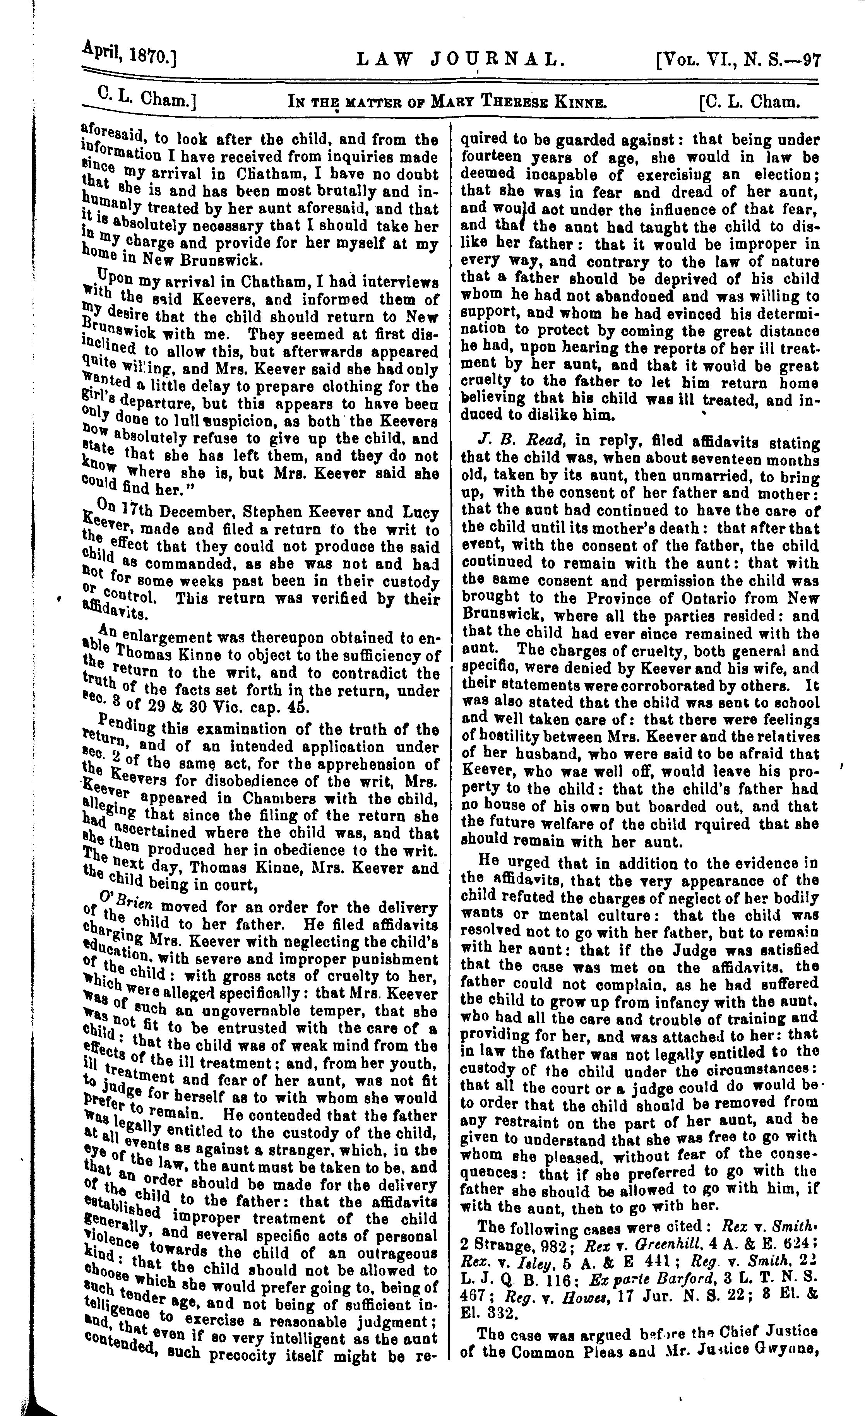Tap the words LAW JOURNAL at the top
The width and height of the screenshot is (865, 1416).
457,58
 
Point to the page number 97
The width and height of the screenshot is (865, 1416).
812,60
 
